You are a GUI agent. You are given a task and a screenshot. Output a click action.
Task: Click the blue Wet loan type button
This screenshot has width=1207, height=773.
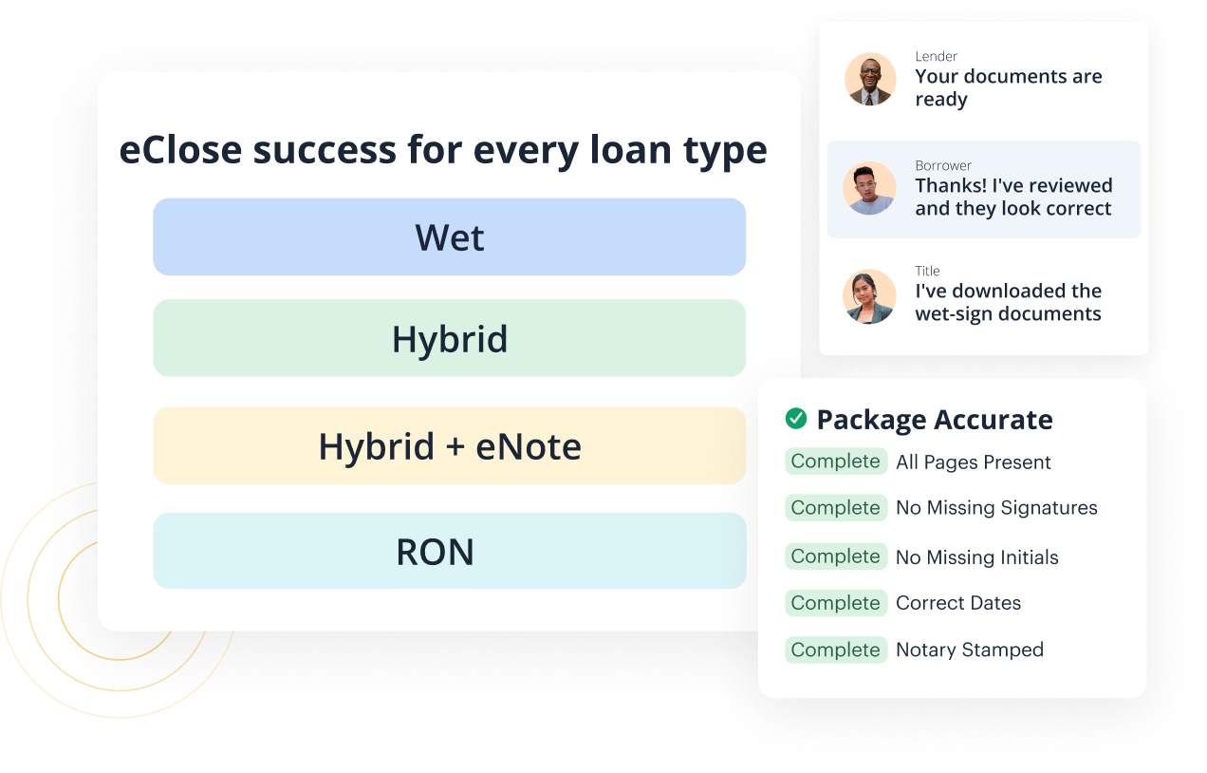[x=449, y=237]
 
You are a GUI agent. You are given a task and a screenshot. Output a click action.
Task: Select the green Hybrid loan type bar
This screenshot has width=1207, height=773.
[x=449, y=339]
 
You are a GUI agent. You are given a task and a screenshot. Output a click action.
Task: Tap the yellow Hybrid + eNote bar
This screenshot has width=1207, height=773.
[x=449, y=446]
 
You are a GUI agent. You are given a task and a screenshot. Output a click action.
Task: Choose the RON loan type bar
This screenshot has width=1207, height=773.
[x=449, y=552]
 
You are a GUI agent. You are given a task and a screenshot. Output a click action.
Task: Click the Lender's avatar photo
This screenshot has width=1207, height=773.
[x=870, y=79]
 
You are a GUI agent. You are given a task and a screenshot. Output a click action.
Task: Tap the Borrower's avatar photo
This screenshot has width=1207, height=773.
[x=870, y=188]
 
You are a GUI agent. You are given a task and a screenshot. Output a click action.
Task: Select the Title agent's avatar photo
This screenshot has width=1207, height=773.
[x=870, y=296]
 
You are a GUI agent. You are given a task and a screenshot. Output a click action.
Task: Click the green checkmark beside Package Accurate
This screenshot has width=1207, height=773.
[x=796, y=419]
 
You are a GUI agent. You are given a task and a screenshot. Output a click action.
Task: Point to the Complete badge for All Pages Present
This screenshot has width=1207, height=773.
[x=836, y=462]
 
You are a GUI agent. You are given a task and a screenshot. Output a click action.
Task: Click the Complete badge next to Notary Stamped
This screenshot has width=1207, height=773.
[x=836, y=650]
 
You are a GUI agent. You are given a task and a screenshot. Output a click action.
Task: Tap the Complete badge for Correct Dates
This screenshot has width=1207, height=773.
[x=836, y=603]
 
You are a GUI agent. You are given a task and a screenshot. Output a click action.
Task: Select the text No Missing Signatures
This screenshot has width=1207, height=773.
[x=996, y=508]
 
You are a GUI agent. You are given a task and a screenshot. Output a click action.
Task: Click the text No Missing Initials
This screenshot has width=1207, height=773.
[x=976, y=557]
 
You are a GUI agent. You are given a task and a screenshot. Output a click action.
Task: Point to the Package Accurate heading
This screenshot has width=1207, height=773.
[x=935, y=420]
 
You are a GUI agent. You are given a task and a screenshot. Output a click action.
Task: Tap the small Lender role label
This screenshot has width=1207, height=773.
[x=936, y=57]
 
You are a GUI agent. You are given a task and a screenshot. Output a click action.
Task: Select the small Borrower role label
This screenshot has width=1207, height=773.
[x=943, y=166]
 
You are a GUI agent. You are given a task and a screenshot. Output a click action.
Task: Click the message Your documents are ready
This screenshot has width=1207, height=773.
[x=1008, y=88]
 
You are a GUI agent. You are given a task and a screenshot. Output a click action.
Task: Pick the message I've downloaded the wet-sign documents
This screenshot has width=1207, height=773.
[x=1008, y=303]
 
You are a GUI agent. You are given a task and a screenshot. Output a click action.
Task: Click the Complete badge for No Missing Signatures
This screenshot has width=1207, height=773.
[x=836, y=508]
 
